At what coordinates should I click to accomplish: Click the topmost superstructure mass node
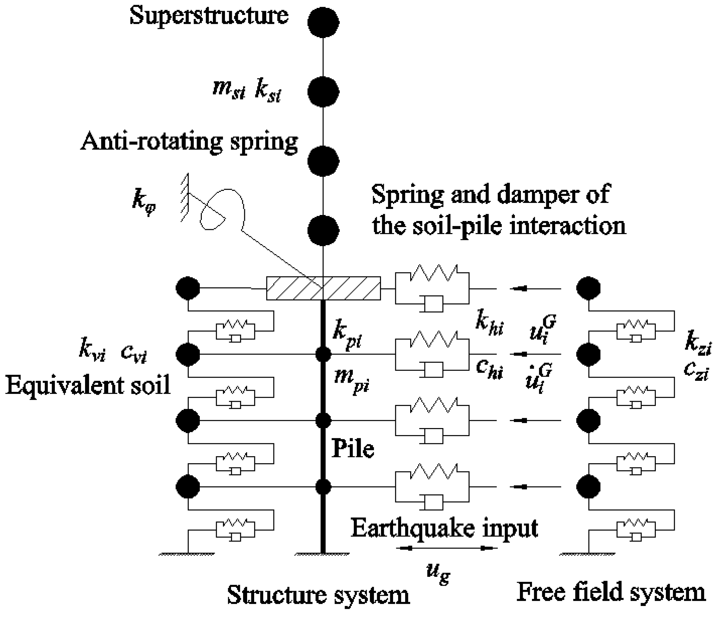pyautogui.click(x=323, y=23)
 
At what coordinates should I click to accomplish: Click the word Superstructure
pyautogui.click(x=209, y=16)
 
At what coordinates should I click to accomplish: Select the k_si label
pyautogui.click(x=268, y=91)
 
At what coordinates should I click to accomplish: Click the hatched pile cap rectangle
pyautogui.click(x=323, y=288)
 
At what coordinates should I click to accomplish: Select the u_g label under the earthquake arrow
pyautogui.click(x=438, y=573)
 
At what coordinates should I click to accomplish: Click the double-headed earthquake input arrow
pyautogui.click(x=448, y=548)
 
